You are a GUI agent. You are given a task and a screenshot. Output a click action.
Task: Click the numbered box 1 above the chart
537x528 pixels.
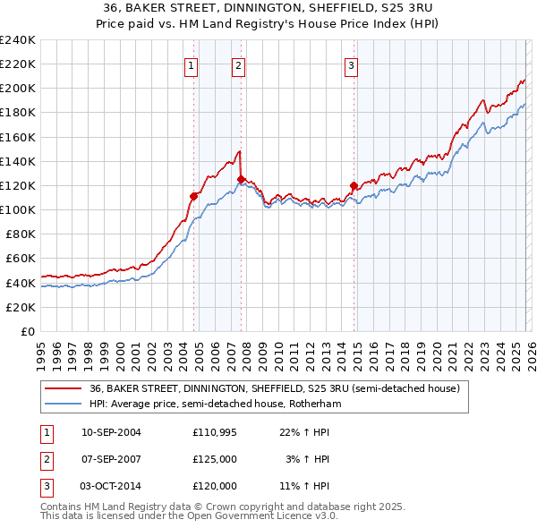tap(192, 64)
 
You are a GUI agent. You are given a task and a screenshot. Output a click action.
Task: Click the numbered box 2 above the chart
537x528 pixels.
tap(239, 64)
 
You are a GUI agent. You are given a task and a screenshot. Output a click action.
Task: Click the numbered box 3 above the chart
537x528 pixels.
tap(352, 64)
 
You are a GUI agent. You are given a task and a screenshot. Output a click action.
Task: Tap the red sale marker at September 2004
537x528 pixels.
tap(193, 195)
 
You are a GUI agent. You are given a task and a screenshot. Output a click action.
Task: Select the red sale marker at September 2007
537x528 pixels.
tap(241, 179)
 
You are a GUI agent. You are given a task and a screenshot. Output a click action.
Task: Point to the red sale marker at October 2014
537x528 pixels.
tap(354, 186)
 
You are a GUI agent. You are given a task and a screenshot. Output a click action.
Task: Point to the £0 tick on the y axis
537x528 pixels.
tap(27, 331)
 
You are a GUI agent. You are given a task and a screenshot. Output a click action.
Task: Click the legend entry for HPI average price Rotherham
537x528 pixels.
tap(215, 404)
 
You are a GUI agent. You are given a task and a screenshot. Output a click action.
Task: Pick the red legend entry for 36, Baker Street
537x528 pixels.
tap(274, 388)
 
